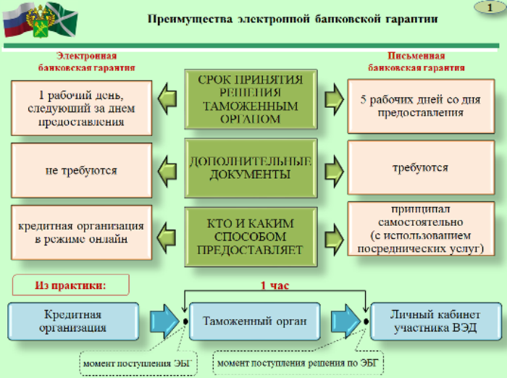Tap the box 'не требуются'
pyautogui.click(x=81, y=170)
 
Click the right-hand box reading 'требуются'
pyautogui.click(x=420, y=167)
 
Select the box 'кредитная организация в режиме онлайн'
pyautogui.click(x=81, y=232)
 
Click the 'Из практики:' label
pyautogui.click(x=70, y=285)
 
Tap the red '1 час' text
pyautogui.click(x=275, y=285)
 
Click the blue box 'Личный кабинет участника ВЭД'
pyautogui.click(x=435, y=322)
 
